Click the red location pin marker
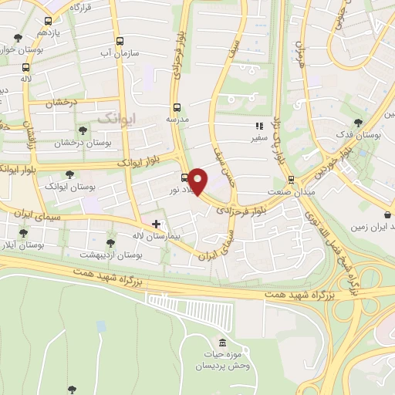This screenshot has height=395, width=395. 199,180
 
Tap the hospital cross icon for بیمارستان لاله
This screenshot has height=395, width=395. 157,223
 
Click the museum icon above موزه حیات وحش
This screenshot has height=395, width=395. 223,343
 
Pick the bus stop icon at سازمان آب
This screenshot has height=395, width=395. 120,42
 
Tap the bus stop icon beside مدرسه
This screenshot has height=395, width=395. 177,107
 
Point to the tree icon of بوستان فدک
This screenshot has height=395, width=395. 357,122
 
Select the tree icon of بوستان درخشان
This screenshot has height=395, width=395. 83,130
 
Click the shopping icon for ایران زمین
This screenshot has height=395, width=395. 387,215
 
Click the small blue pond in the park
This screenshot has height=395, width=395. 101,326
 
